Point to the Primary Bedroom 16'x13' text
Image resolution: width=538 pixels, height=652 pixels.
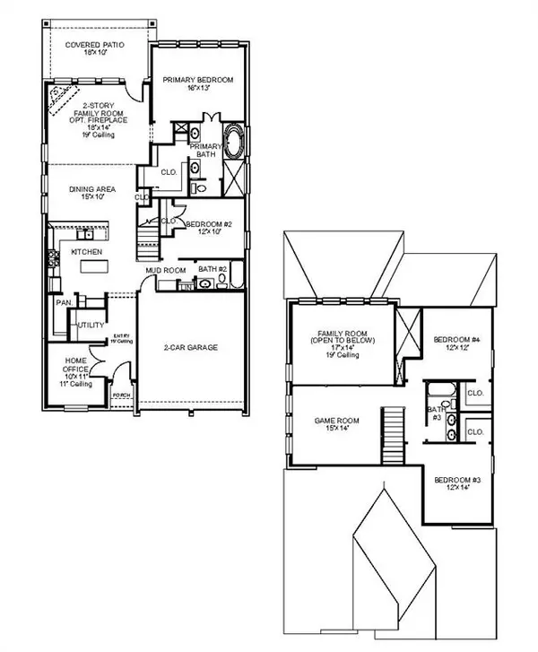coord(197,84)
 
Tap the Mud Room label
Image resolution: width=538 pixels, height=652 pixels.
coord(165,269)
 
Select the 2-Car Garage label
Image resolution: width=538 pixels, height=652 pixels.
coord(192,347)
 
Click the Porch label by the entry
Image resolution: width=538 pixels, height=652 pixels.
coord(121,396)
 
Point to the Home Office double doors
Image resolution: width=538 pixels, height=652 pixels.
coord(106,366)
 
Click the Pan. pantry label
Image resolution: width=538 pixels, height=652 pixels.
coord(64,303)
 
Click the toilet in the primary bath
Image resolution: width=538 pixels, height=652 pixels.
coord(200,189)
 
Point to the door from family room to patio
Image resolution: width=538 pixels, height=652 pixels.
coord(135,88)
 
